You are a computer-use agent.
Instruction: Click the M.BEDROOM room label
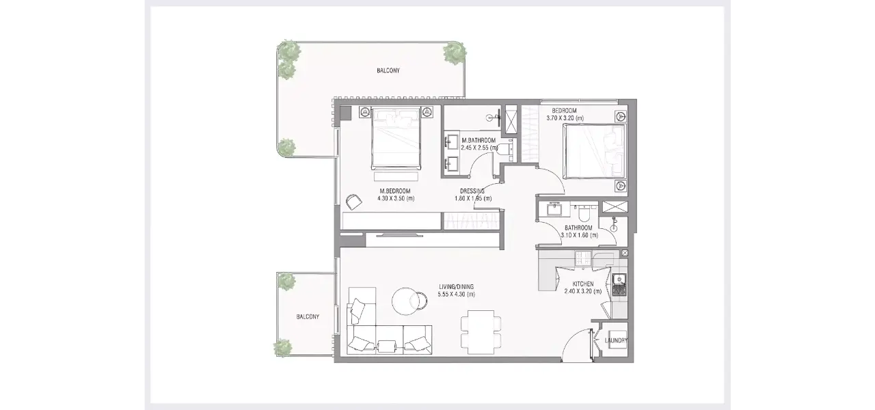[395, 191]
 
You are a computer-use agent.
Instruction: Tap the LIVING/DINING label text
[456, 286]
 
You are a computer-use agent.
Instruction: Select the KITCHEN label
[582, 284]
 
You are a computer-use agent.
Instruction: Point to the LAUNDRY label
[617, 340]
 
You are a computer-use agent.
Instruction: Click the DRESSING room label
[472, 191]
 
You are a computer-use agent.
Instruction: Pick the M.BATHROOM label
[479, 140]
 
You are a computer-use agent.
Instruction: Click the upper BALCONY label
[388, 70]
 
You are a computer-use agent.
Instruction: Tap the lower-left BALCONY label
[308, 316]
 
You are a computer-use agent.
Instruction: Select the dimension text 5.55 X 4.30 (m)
[456, 295]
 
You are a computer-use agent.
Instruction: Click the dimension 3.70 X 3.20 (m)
[565, 118]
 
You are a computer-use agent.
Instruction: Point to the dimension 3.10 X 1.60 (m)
[579, 235]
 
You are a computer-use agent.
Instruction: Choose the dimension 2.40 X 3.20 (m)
[582, 291]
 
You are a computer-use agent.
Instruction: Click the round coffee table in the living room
[407, 300]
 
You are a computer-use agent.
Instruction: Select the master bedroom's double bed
[396, 137]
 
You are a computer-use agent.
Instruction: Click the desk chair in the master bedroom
[353, 202]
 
